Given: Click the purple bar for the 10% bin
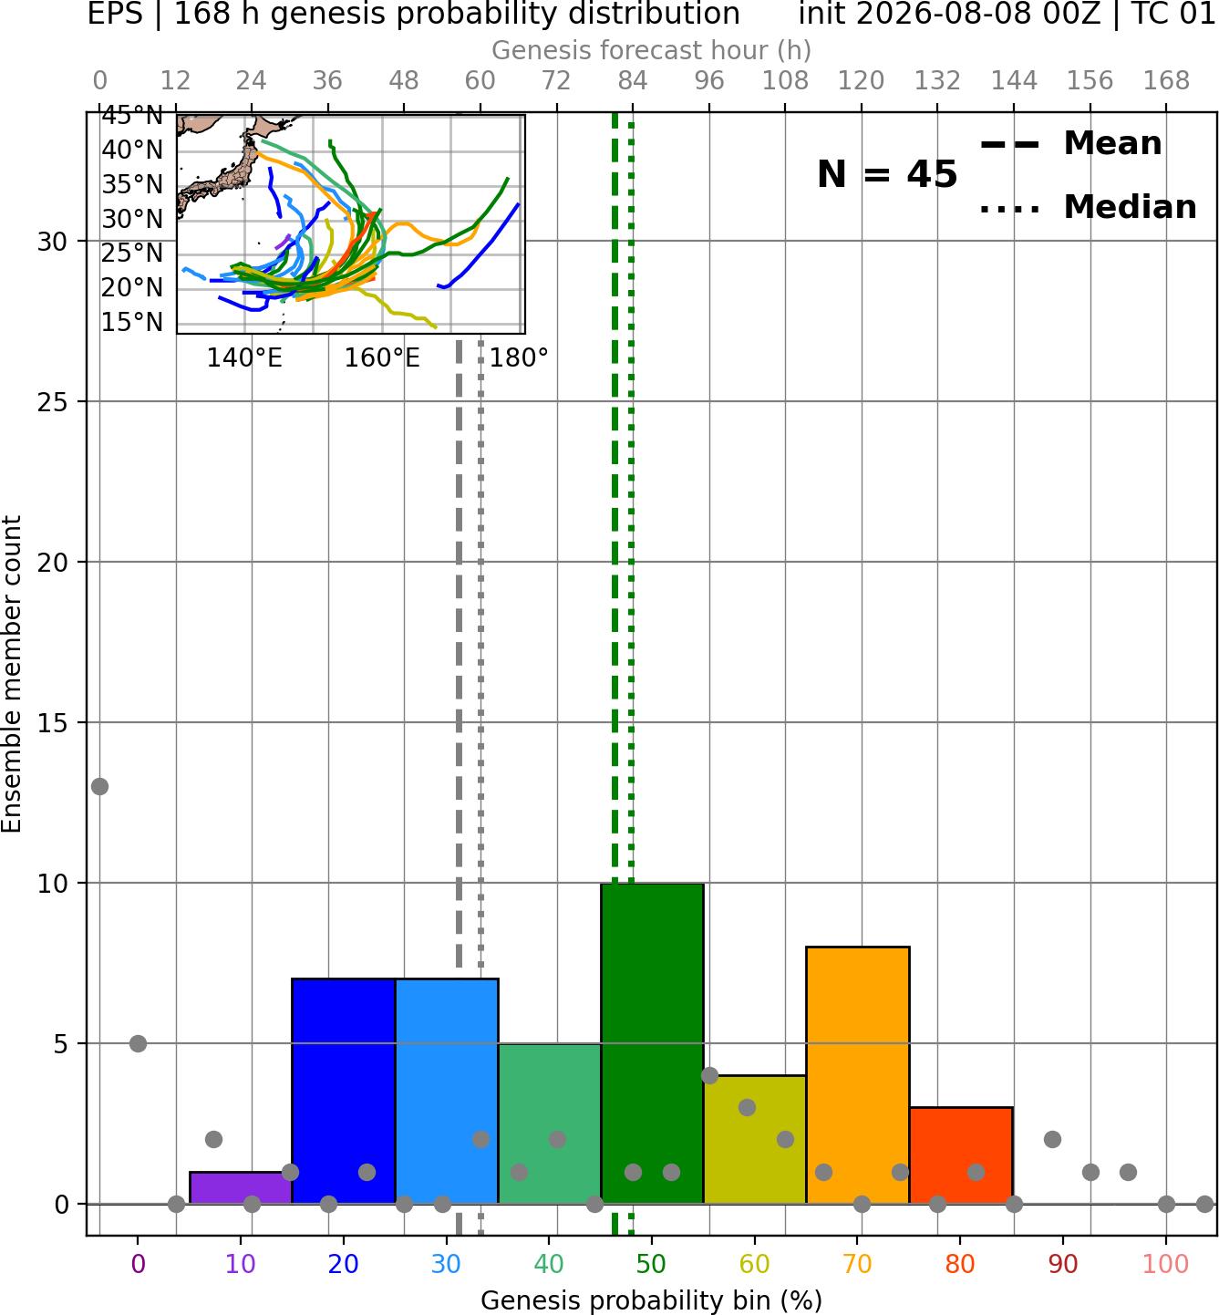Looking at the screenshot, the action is (x=241, y=1187).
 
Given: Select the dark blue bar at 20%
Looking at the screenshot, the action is (x=344, y=1091).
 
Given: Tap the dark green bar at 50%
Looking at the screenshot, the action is (x=652, y=1043).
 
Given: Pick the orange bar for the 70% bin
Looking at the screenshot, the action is (x=857, y=1075).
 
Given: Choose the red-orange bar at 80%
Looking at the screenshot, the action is (x=961, y=1155).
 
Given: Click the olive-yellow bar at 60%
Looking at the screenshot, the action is (x=755, y=1140).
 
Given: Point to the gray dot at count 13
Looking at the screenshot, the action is (x=100, y=787).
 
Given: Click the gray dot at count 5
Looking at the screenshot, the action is (x=138, y=1043).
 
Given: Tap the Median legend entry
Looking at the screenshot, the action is (x=1088, y=207).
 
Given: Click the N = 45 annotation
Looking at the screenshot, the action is (x=887, y=174).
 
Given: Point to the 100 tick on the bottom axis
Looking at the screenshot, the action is (x=1166, y=1264).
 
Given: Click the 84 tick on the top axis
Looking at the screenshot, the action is (x=633, y=81).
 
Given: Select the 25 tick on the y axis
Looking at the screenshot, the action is (x=53, y=402).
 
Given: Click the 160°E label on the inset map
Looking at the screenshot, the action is (x=382, y=358).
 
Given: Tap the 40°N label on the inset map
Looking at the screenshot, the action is (x=132, y=150).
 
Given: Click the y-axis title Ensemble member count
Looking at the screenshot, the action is (x=11, y=674).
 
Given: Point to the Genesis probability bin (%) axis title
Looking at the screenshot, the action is (x=652, y=1300).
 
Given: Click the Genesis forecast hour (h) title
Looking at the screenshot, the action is (x=652, y=50).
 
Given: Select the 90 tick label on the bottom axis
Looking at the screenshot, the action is (x=1063, y=1264).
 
